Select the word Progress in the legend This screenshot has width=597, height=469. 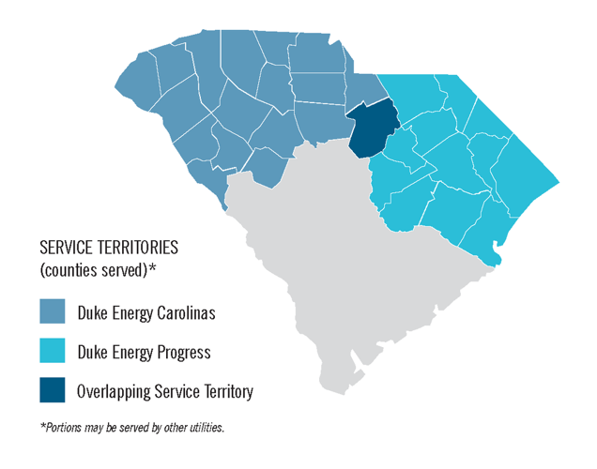coord(185,353)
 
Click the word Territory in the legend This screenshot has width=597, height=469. coord(225,392)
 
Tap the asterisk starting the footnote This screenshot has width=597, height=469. coord(42,426)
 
